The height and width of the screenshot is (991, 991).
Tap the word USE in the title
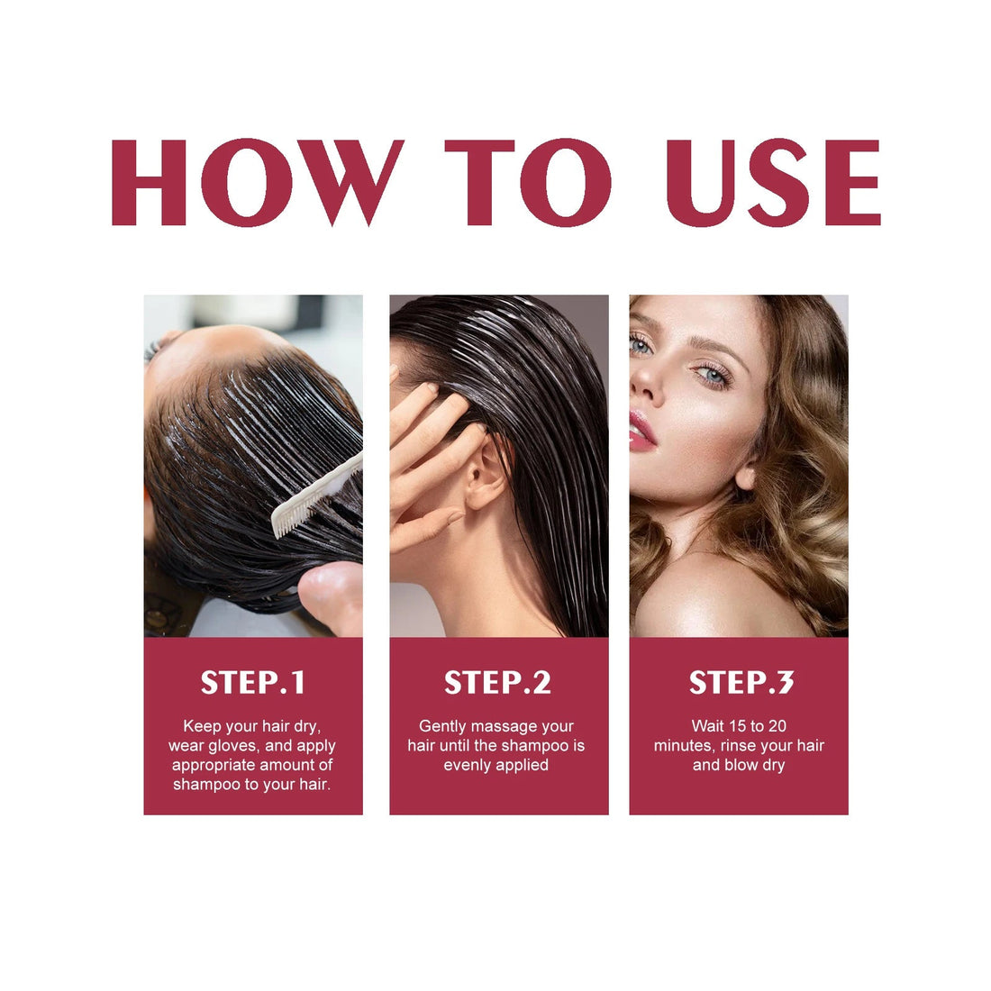coord(772,182)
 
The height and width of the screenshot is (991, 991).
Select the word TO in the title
coord(528,182)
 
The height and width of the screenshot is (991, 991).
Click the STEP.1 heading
coord(253,683)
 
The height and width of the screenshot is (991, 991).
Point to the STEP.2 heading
coord(497,683)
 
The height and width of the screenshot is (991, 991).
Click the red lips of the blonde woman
coord(641,431)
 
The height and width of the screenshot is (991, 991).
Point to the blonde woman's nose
coord(645,383)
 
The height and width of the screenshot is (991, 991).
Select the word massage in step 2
coord(506,726)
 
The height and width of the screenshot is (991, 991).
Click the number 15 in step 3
coord(739,726)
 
